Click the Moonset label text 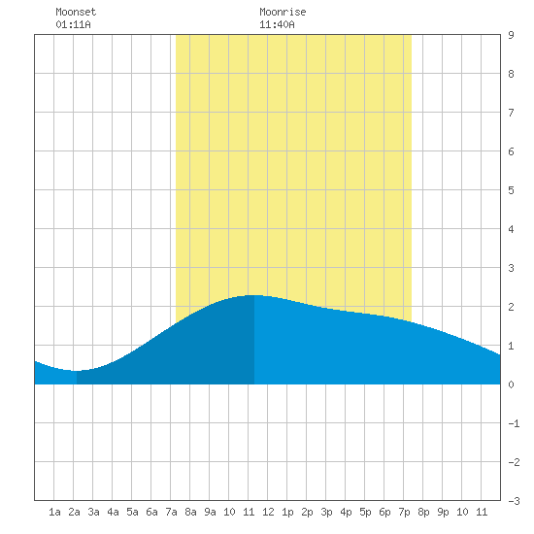[76, 12]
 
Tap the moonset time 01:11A [73, 24]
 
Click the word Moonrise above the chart [283, 12]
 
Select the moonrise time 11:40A [277, 24]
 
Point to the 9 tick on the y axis [511, 35]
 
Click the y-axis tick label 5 [511, 190]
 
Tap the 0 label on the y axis [511, 384]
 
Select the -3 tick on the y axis [514, 501]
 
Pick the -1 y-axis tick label [514, 423]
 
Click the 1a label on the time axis [54, 512]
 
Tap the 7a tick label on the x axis [171, 512]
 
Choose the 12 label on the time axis [268, 512]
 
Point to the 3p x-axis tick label [326, 512]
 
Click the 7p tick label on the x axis [404, 512]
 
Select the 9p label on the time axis [443, 512]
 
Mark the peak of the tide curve [254, 295]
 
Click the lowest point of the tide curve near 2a [77, 371]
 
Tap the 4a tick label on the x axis [113, 512]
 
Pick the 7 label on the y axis [511, 113]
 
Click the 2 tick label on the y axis [511, 307]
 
